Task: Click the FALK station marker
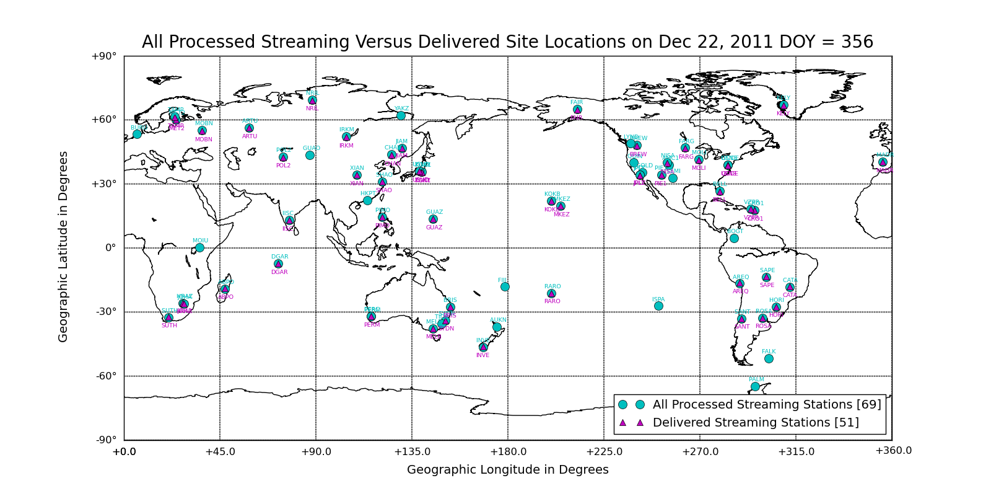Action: click(x=769, y=358)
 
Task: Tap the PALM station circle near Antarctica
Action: click(x=755, y=386)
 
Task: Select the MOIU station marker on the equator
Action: click(x=199, y=247)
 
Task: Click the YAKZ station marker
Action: click(x=401, y=115)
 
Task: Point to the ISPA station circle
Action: click(x=658, y=306)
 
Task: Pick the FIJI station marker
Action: click(x=505, y=286)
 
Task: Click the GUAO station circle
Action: click(x=310, y=155)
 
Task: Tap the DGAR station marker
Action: click(x=278, y=263)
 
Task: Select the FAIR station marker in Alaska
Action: click(x=577, y=109)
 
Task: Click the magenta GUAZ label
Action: click(x=434, y=228)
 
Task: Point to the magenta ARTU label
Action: click(x=250, y=136)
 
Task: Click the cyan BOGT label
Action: click(x=735, y=231)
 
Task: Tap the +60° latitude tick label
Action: click(x=103, y=120)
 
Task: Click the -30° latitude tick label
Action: click(x=105, y=312)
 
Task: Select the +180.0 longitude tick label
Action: click(x=508, y=451)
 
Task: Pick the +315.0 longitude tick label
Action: click(x=796, y=451)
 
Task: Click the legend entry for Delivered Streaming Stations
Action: click(x=756, y=423)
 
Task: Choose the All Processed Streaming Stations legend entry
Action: click(x=767, y=405)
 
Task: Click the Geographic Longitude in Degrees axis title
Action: click(x=507, y=470)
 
